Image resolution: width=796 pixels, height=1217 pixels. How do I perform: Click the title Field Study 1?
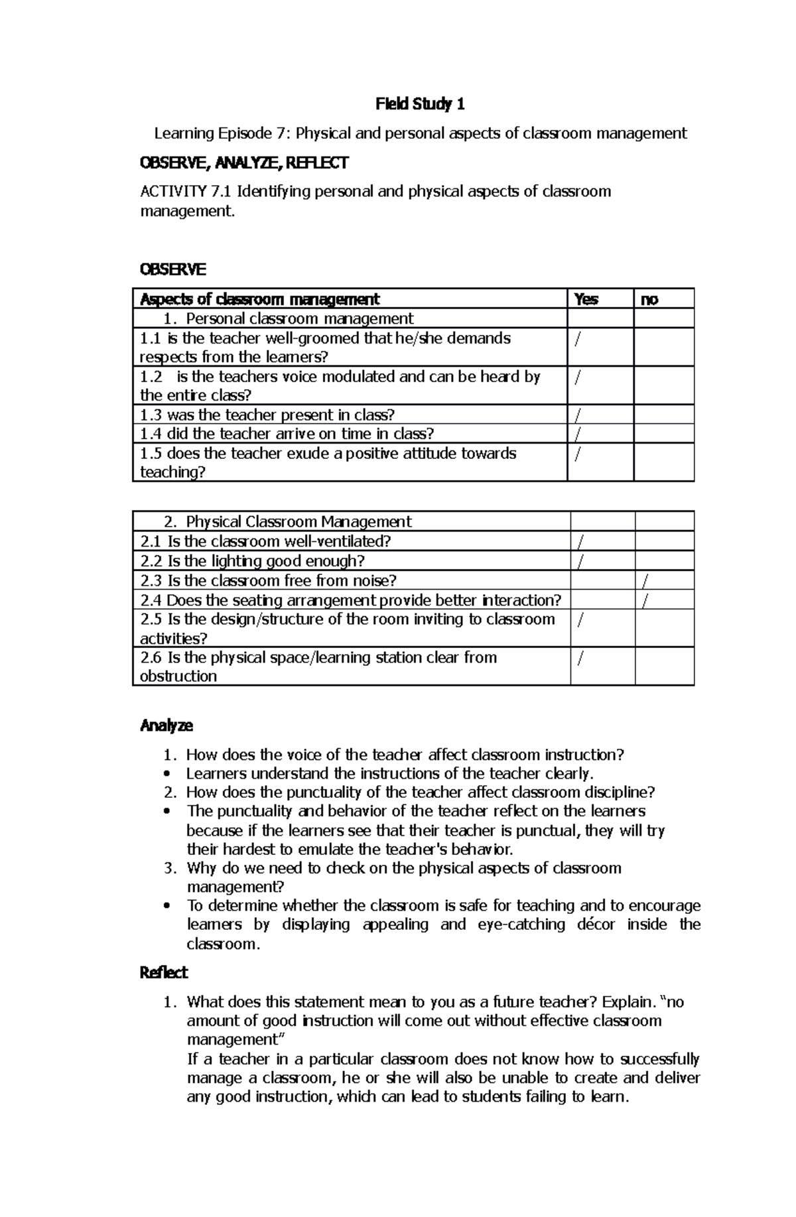(x=420, y=104)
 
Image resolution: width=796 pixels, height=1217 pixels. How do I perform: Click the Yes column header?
(x=586, y=299)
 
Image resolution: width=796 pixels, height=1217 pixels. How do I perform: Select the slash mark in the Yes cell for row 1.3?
(x=578, y=416)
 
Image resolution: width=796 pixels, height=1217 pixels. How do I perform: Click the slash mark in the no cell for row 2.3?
(x=646, y=582)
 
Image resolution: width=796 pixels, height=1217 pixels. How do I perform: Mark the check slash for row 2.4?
(x=646, y=601)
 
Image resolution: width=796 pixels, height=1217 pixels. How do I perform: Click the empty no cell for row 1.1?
(x=663, y=347)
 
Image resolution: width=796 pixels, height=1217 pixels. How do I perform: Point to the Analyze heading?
(x=166, y=726)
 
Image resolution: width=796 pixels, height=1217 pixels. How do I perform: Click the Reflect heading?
(x=164, y=972)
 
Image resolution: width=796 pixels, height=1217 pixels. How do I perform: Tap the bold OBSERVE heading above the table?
(x=172, y=269)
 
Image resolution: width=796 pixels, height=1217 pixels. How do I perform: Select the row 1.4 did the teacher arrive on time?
(x=287, y=434)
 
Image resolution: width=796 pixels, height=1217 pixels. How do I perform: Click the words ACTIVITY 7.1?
(x=185, y=192)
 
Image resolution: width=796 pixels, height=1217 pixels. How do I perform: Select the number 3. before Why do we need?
(x=170, y=868)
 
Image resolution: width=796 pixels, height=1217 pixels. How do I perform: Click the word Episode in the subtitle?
(x=243, y=133)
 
